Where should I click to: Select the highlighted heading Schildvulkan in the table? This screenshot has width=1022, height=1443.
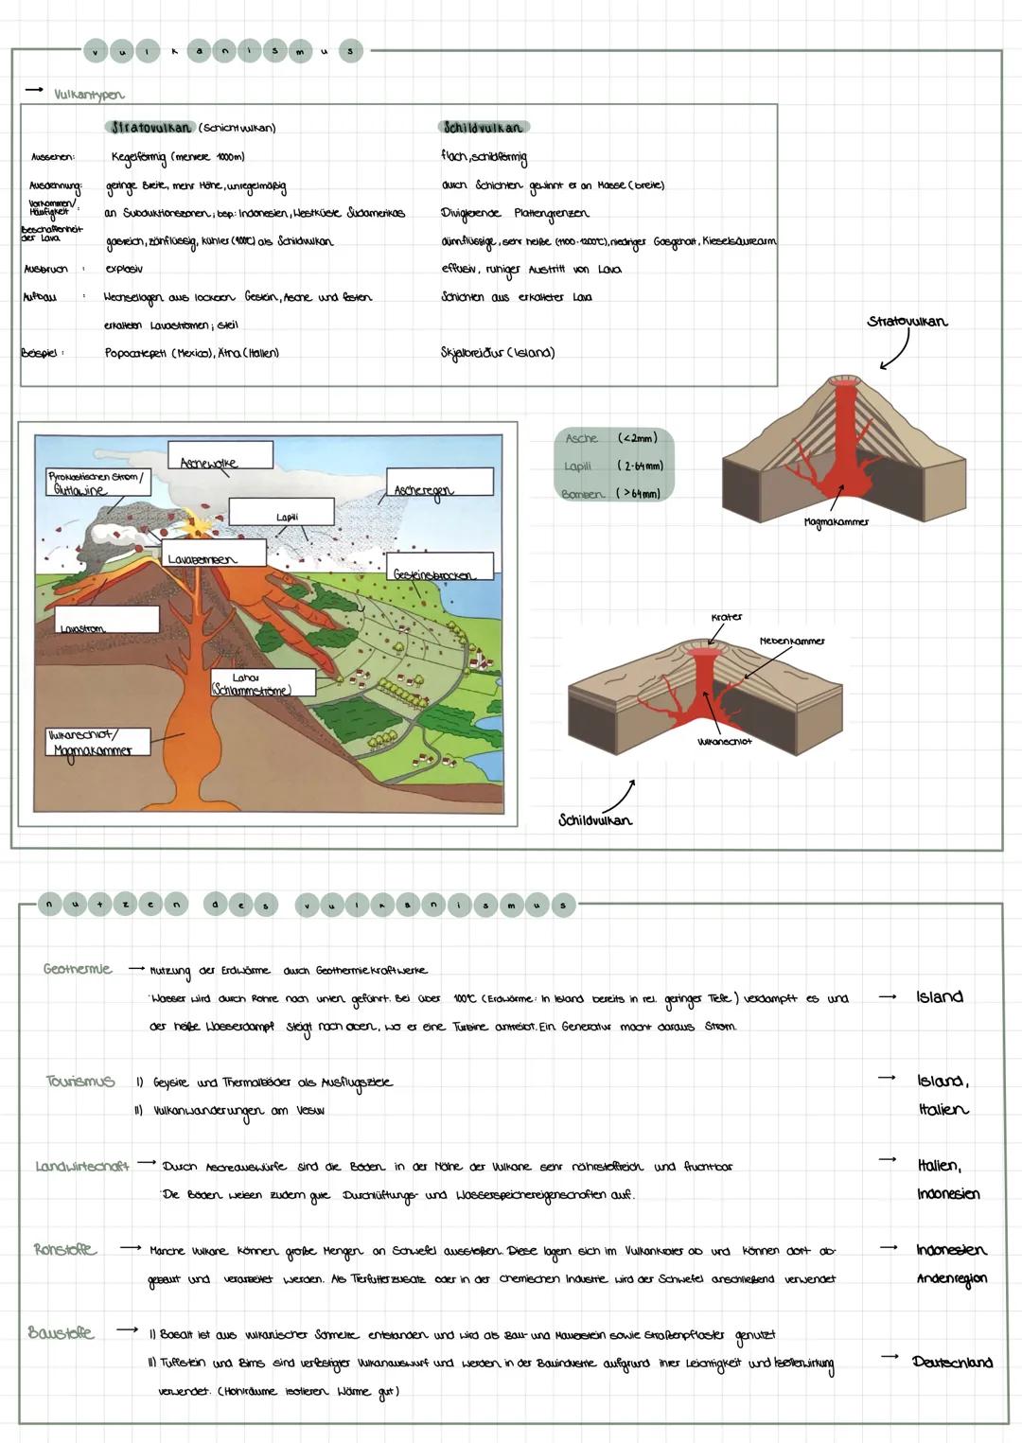(x=483, y=128)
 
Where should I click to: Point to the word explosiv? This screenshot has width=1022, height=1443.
(x=124, y=270)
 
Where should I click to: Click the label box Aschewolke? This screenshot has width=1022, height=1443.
(x=220, y=455)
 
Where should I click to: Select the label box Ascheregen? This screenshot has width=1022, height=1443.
(x=439, y=482)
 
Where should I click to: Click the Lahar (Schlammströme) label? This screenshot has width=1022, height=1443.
(x=250, y=684)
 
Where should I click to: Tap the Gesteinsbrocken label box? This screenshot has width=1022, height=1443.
(x=440, y=567)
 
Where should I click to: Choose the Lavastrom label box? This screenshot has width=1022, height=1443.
(x=106, y=621)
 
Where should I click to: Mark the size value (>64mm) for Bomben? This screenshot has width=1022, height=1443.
(x=639, y=494)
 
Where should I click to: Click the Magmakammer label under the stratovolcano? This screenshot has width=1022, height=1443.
(x=836, y=521)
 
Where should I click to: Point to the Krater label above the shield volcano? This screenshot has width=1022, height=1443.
(x=726, y=617)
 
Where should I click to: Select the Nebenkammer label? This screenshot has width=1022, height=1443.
(x=792, y=642)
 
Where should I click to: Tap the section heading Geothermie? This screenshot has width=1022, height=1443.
(x=78, y=969)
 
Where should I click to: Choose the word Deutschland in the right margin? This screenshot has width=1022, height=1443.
(x=952, y=1363)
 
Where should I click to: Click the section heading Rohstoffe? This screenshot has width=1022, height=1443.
(x=64, y=1249)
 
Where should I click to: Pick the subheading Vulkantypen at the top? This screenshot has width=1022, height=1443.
(x=89, y=95)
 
